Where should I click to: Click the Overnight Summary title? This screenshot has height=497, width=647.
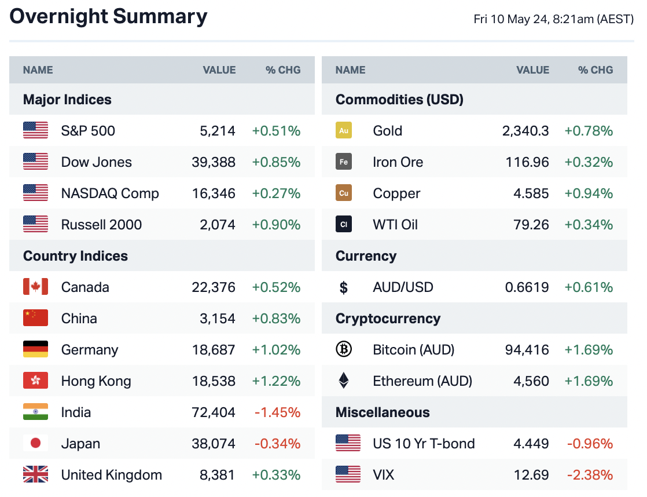pos(108,17)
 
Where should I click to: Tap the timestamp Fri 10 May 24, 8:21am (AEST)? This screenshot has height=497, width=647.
pos(553,19)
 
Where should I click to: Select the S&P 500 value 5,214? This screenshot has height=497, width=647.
pos(217,131)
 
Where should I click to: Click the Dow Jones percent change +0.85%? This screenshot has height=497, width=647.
pos(276,162)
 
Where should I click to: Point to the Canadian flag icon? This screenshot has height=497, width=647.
pos(35,287)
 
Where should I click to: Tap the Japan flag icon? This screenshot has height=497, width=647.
pos(35,444)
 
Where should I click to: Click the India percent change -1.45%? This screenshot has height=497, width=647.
pos(277,412)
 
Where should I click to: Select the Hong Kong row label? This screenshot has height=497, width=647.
pos(96,381)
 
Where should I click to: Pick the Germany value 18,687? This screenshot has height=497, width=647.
pos(214,350)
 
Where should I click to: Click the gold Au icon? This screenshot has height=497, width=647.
pos(344,131)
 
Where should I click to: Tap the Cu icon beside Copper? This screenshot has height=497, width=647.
pos(344,193)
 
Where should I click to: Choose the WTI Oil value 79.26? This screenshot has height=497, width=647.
pos(531,225)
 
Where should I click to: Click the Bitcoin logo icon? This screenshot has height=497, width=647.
pos(344,350)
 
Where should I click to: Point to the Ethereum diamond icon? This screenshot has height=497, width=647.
pos(344,381)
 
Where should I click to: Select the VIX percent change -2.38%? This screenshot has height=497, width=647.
pos(589,475)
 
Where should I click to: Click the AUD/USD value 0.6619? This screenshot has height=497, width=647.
pos(527,287)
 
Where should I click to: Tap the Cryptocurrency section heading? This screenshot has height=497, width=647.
pos(388,319)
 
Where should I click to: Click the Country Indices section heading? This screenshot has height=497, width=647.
pos(75,256)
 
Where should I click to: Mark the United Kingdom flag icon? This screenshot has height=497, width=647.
pos(35,475)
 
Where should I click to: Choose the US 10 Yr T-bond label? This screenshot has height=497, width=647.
pos(424,444)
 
